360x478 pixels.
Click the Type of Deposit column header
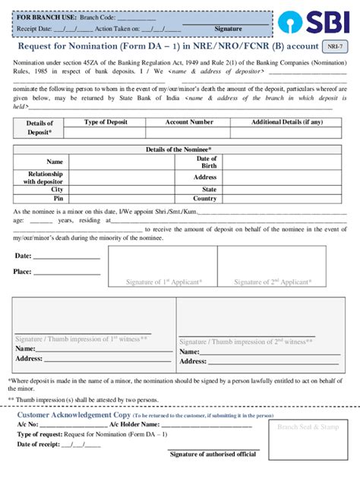coord(106,122)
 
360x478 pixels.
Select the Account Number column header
coord(189,122)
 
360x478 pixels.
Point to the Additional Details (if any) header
coord(286,122)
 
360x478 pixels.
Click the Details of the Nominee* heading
coord(178,150)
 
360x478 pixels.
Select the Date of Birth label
coord(206,162)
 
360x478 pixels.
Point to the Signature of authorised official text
coord(213,454)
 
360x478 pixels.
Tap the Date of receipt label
coord(42,444)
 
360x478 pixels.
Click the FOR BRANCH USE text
coord(46,17)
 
